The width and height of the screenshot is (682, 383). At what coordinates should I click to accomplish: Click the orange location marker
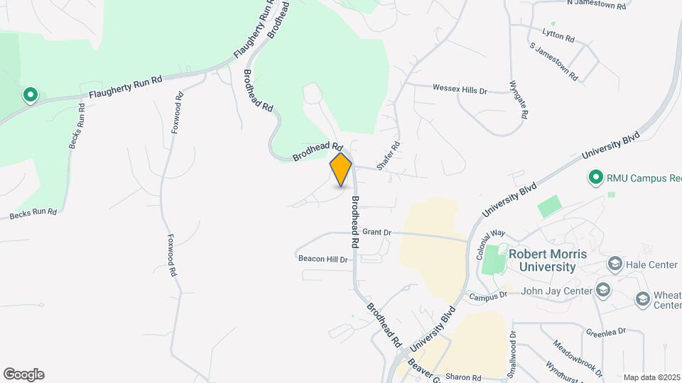pyautogui.click(x=341, y=170)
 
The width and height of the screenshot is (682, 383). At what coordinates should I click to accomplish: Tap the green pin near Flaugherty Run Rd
pyautogui.click(x=30, y=94)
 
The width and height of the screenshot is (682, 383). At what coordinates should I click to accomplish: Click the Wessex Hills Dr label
pyautogui.click(x=460, y=90)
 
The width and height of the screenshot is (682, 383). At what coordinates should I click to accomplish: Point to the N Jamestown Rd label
pyautogui.click(x=596, y=5)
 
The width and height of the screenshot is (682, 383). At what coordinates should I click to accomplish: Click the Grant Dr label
pyautogui.click(x=377, y=232)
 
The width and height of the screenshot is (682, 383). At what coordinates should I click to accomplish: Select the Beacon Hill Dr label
pyautogui.click(x=323, y=260)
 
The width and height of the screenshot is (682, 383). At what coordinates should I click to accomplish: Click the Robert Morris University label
pyautogui.click(x=541, y=260)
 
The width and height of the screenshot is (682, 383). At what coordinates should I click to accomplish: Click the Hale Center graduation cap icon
pyautogui.click(x=615, y=265)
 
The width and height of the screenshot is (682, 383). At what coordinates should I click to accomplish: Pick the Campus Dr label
pyautogui.click(x=492, y=294)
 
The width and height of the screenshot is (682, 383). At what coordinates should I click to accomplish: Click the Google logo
pyautogui.click(x=24, y=374)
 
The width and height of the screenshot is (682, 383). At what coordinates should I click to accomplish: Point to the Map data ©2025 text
pyautogui.click(x=651, y=377)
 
